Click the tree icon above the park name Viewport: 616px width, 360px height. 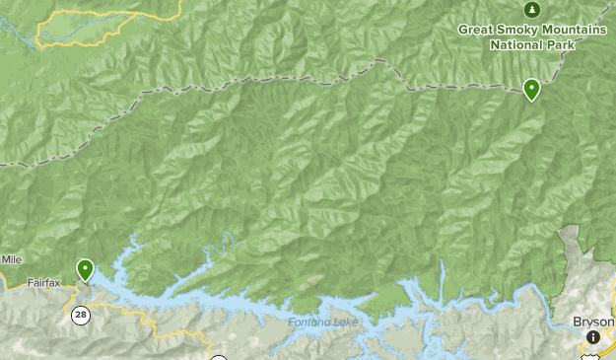tap(532, 10)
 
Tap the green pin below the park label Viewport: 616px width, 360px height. tap(532, 90)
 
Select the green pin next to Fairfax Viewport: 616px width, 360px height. tap(86, 268)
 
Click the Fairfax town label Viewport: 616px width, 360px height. tap(43, 283)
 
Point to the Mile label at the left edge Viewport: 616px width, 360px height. tap(10, 259)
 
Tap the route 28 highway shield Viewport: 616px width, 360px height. tap(79, 314)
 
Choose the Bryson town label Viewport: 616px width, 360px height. tap(593, 322)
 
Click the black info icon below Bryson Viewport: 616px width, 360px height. tap(592, 337)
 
